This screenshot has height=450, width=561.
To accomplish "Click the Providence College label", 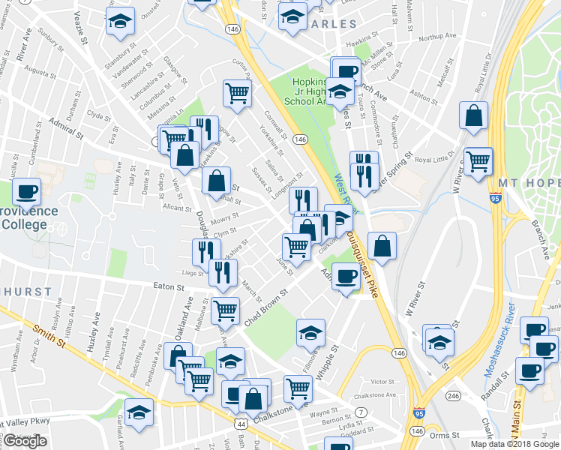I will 28,217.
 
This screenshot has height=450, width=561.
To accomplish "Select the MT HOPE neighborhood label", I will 525,184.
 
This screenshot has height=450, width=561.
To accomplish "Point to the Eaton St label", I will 169,286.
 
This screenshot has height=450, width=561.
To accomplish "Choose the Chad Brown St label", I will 266,307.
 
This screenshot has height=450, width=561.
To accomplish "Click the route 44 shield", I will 241,424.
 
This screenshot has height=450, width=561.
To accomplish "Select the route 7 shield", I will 361,412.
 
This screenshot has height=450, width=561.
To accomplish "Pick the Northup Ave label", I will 438,37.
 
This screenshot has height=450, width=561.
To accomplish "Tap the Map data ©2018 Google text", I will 514,444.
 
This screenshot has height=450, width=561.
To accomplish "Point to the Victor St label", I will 382,381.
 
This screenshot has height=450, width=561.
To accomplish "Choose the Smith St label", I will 45,331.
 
